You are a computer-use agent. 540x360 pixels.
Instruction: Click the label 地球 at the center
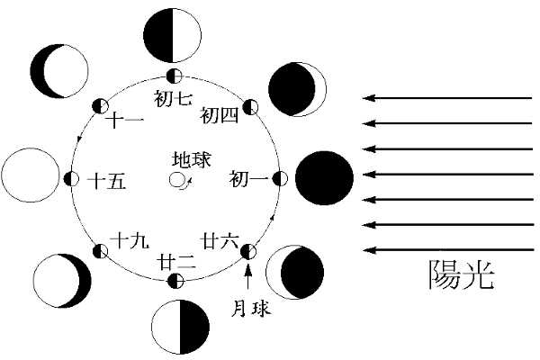click(191, 158)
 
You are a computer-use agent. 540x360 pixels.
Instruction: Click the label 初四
click(220, 115)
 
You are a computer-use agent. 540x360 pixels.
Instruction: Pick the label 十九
click(124, 240)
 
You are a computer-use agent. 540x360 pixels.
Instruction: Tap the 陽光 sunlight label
click(461, 274)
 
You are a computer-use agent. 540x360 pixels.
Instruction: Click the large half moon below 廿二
click(180, 327)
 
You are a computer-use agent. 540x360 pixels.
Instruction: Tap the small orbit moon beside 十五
click(72, 178)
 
